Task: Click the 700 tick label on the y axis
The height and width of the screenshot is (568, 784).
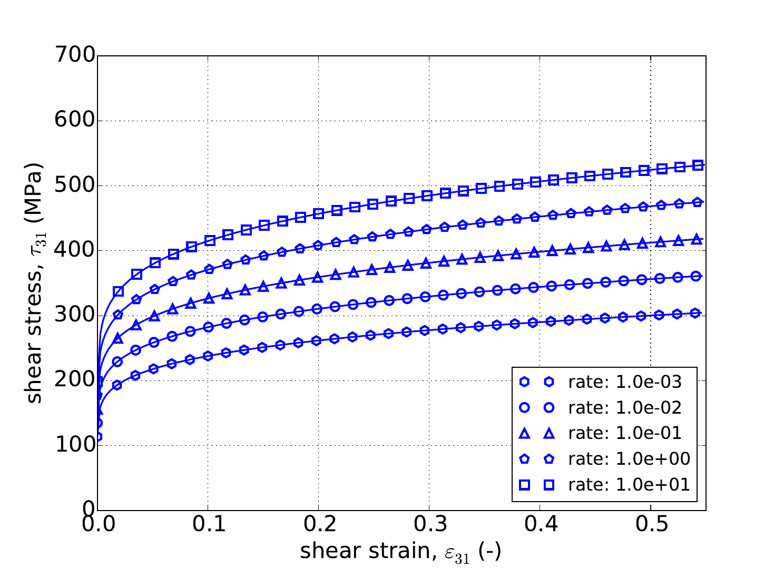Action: (x=74, y=56)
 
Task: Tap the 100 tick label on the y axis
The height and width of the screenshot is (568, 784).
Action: (x=74, y=445)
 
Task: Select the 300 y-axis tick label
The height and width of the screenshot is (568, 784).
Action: (x=74, y=316)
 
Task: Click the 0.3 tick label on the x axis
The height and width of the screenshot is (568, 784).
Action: (x=429, y=525)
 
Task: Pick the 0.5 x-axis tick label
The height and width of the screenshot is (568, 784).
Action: (x=651, y=525)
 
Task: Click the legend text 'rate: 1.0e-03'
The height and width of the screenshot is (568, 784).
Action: (x=625, y=382)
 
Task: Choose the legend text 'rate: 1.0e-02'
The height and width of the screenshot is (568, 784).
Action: (x=625, y=407)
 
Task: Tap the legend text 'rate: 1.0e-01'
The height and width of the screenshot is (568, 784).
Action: (x=625, y=433)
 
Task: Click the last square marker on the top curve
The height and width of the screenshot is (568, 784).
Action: (x=698, y=165)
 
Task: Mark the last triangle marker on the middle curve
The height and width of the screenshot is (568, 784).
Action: (x=697, y=239)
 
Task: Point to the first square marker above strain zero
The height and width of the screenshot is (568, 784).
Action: (x=118, y=291)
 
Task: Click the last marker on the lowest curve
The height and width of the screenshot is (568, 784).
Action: (x=695, y=313)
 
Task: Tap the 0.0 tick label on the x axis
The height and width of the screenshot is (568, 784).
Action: (x=97, y=525)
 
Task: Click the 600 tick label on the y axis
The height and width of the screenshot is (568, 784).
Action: (x=74, y=121)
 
